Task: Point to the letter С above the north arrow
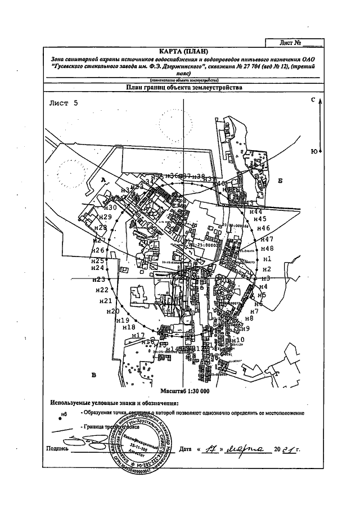point(313,100)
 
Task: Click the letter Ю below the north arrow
point(313,151)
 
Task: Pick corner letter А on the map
point(103,179)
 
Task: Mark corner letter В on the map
point(94,375)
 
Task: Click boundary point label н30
point(109,208)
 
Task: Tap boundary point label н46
point(264,228)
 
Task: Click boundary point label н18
point(129,327)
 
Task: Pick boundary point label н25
point(98,261)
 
